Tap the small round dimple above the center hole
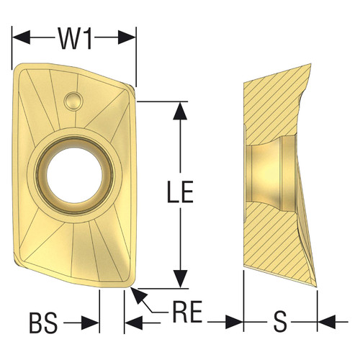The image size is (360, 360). click(73, 99)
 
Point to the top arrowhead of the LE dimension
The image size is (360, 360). click(181, 109)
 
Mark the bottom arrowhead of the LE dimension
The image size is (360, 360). click(181, 282)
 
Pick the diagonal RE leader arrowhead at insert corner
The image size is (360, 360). click(136, 292)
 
